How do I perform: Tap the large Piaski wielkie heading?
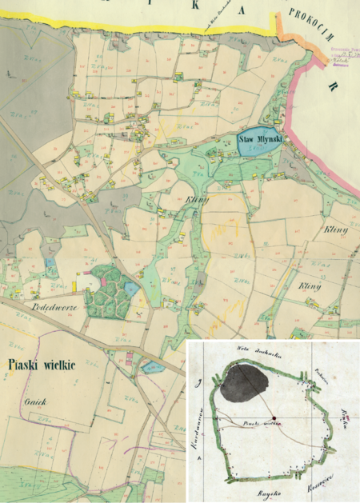pos(41,365)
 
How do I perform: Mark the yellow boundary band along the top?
pos(120,29)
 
